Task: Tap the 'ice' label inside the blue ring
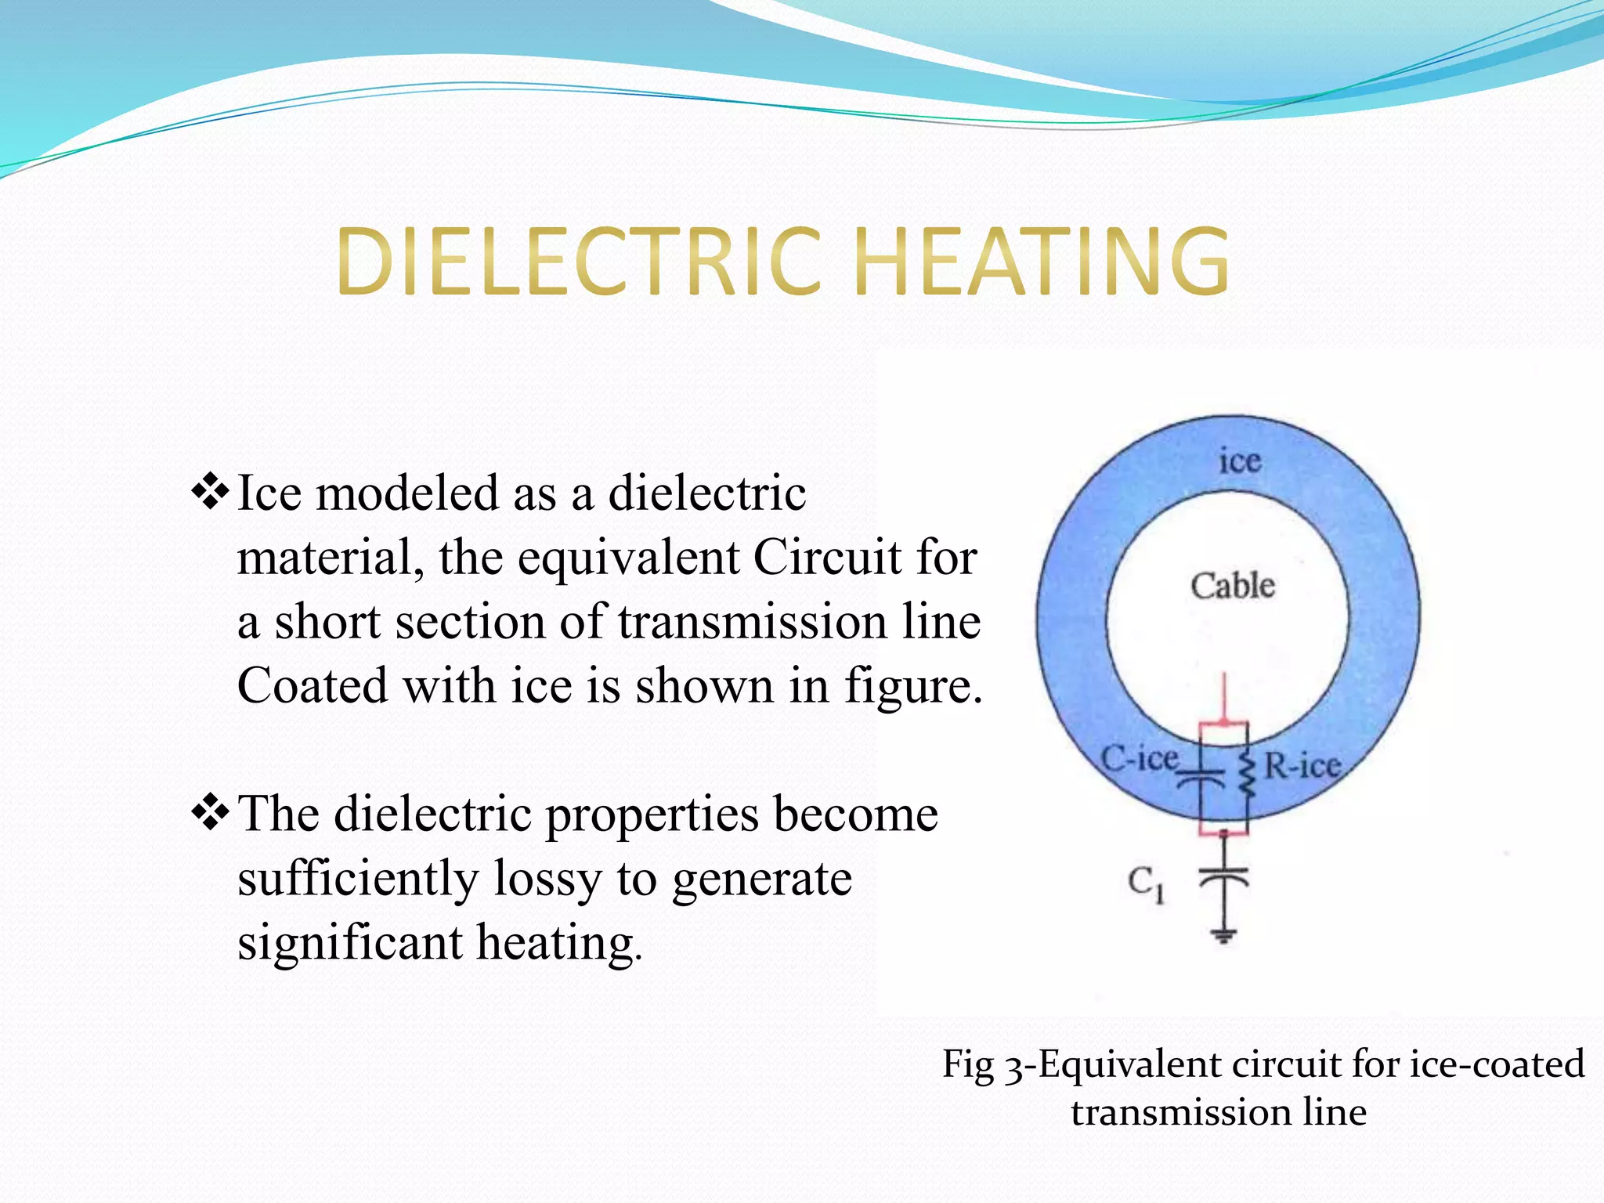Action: pyautogui.click(x=1240, y=461)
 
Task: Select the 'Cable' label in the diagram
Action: pyautogui.click(x=1233, y=586)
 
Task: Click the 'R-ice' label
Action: pyautogui.click(x=1302, y=765)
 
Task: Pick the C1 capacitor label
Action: pyautogui.click(x=1146, y=884)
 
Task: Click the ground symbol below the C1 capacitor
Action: pyautogui.click(x=1223, y=934)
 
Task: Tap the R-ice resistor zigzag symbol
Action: pyautogui.click(x=1247, y=775)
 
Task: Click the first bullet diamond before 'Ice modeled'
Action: pyautogui.click(x=210, y=493)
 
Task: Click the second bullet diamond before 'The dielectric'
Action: pyautogui.click(x=210, y=813)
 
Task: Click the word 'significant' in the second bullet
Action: pyautogui.click(x=349, y=942)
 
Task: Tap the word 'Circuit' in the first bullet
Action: pyautogui.click(x=827, y=558)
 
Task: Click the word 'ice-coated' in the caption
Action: pyautogui.click(x=1497, y=1064)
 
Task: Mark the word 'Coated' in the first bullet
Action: pyautogui.click(x=312, y=686)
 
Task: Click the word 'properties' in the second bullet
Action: pyautogui.click(x=652, y=815)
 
